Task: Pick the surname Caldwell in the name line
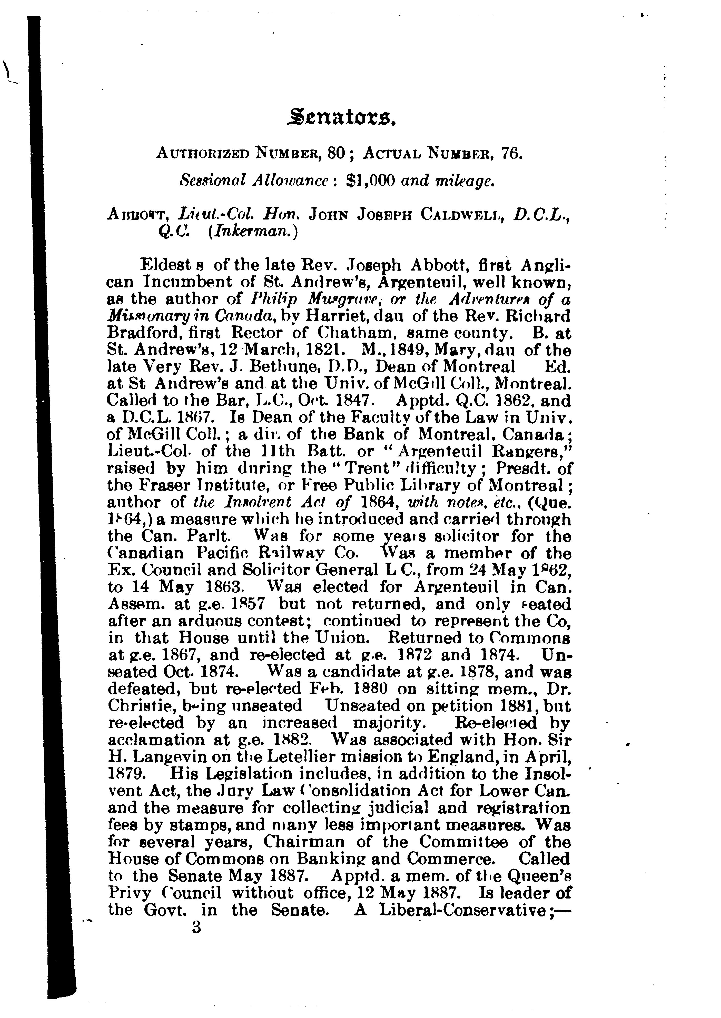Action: click(463, 215)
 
